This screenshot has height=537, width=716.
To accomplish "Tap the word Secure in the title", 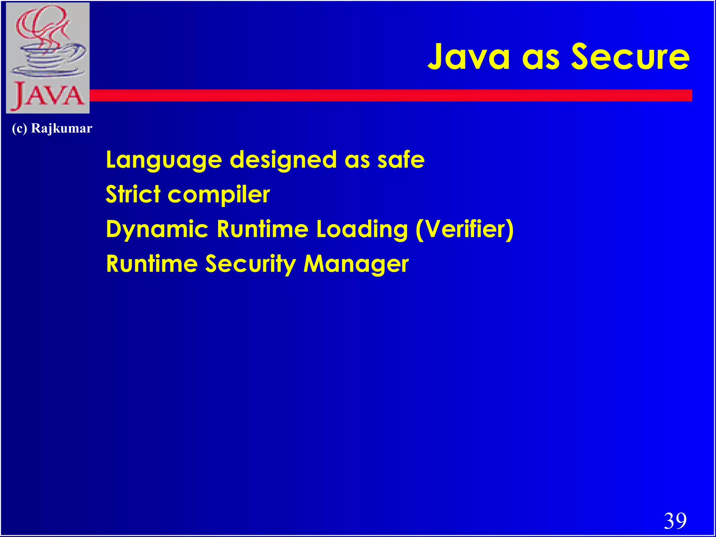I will [x=630, y=57].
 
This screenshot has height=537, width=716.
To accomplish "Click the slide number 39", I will [x=675, y=521].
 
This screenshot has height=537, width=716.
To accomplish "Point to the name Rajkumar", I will [x=62, y=128].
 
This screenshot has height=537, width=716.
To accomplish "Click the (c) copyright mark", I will [x=19, y=128].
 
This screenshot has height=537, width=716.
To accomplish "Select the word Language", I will [x=164, y=160].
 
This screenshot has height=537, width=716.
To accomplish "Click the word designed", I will [x=283, y=160].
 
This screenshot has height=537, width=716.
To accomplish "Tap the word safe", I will [x=401, y=160].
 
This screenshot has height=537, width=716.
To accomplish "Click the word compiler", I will [x=219, y=195].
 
